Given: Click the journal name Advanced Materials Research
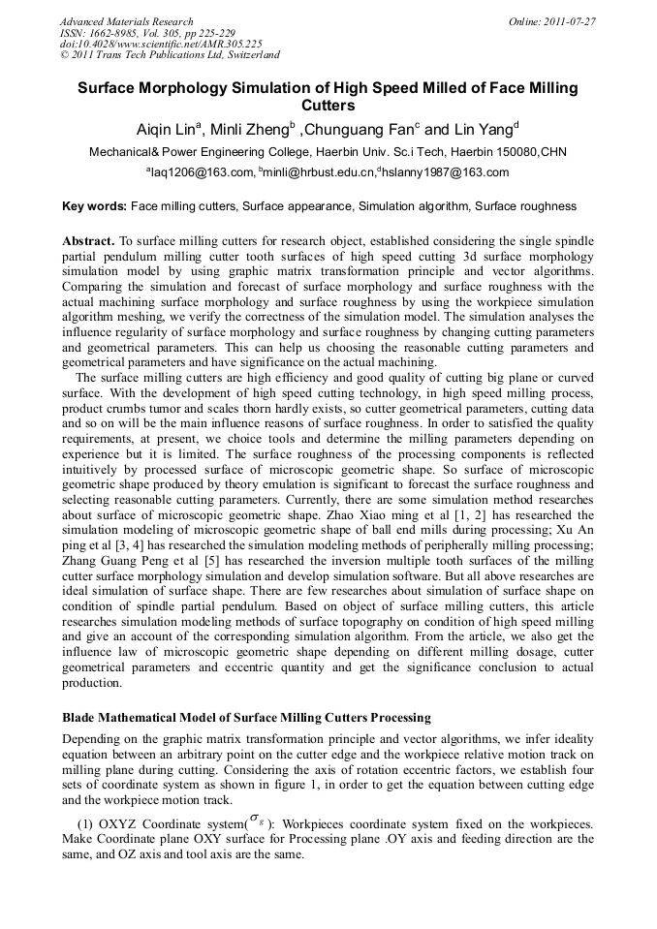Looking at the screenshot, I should click(x=126, y=21).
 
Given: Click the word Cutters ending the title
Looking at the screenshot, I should click(x=328, y=106).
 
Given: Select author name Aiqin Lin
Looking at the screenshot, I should click(x=166, y=130).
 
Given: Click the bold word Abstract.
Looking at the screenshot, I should click(x=88, y=239).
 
